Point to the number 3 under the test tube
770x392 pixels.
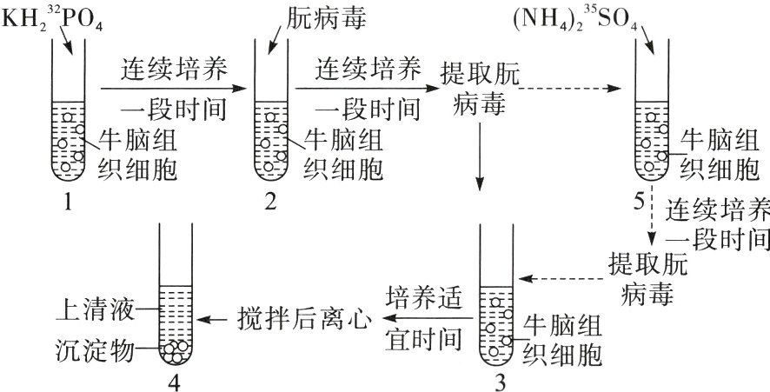(x=498, y=380)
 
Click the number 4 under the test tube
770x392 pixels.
(x=180, y=380)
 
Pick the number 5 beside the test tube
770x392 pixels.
(x=641, y=202)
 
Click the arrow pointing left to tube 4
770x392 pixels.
(x=213, y=321)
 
